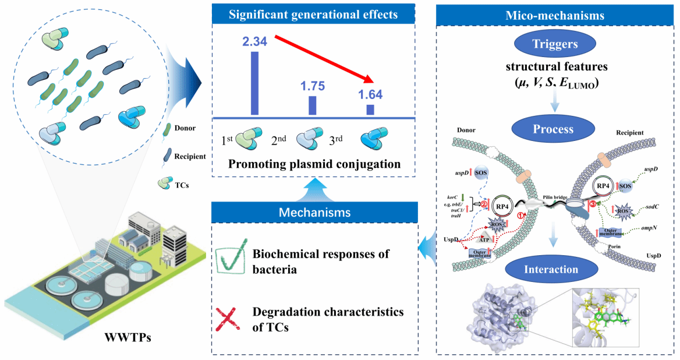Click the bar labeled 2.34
coord(254,83)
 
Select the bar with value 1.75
coord(312,105)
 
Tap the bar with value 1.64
coord(370,110)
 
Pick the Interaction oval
coord(553,269)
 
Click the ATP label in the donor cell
coord(483,239)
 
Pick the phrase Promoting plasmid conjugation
coord(314,164)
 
